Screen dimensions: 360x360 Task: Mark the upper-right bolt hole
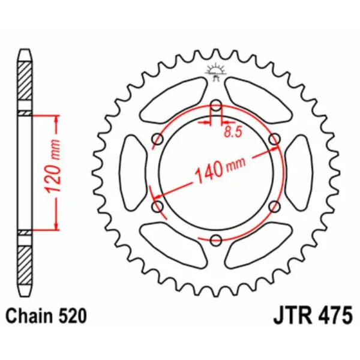(274, 139)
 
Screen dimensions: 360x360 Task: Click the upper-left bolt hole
(158, 139)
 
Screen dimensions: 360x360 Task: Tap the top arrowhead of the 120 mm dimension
(56, 118)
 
